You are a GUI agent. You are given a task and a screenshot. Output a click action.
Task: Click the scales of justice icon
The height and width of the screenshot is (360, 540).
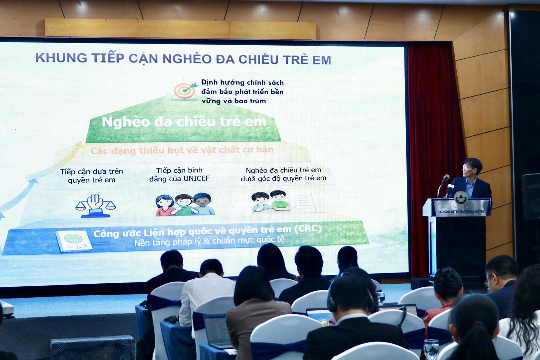coord(96,206)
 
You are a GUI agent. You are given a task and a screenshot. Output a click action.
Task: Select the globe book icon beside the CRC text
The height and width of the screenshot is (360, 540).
coord(74,240)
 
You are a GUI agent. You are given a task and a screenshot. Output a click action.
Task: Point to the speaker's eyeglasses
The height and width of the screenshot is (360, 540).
coord(466,166)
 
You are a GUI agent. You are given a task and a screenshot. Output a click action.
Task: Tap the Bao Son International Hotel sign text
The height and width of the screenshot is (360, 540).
coord(461,212)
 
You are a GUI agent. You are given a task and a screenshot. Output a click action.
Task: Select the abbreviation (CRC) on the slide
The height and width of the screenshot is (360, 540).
coord(308,229)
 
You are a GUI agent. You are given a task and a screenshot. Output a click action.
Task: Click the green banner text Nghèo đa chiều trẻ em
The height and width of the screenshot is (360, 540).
coord(184,122)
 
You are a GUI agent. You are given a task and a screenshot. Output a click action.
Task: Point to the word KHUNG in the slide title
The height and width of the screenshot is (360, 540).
coord(61,58)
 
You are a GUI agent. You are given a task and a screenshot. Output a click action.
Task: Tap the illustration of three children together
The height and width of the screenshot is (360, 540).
coord(185,204)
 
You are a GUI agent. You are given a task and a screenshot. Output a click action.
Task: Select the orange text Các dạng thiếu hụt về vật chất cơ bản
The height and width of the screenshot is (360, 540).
coord(182,150)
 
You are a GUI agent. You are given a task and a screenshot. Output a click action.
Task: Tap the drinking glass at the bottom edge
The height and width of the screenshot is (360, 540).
coord(431,350)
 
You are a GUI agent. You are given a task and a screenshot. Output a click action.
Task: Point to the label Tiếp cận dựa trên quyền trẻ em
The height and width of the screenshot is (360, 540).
coord(91,175)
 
